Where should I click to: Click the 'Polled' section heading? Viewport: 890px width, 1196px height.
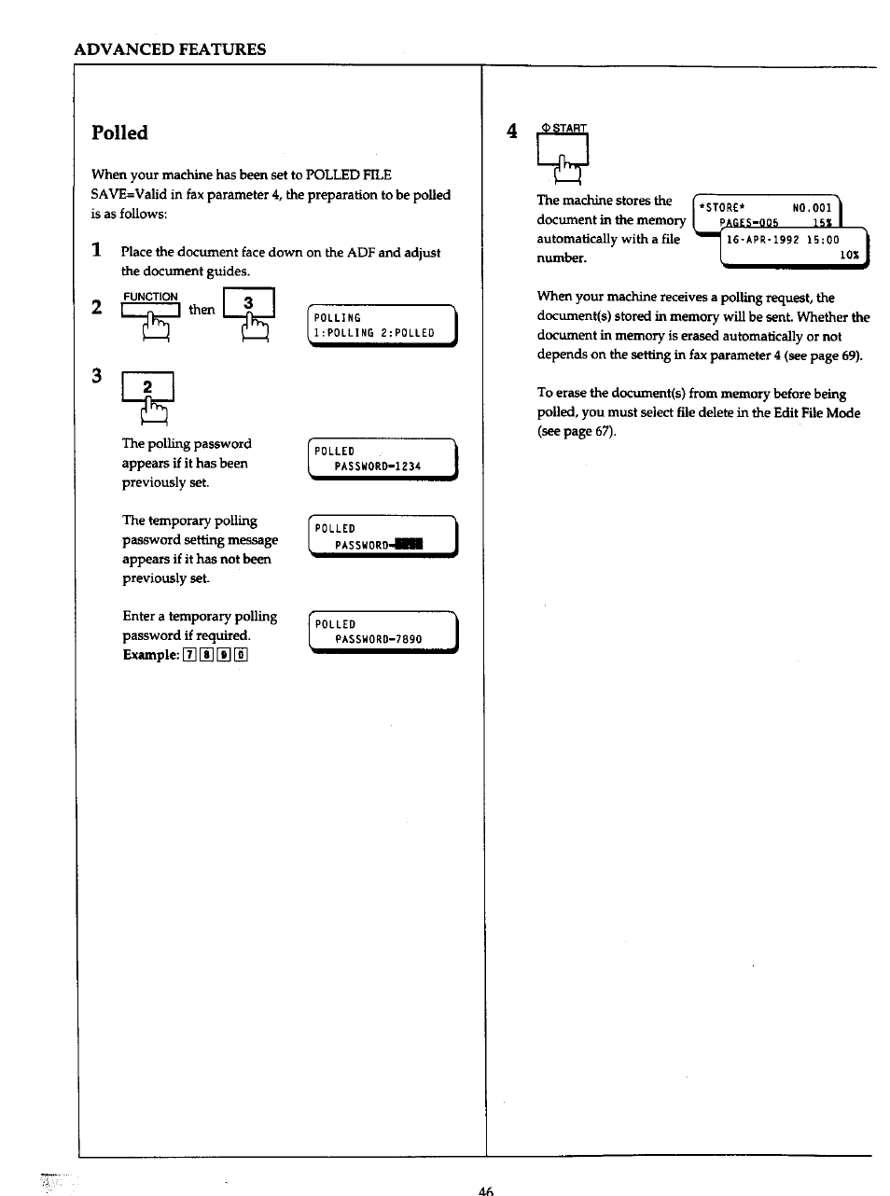tap(119, 132)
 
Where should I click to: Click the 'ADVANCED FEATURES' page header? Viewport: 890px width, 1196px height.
tap(170, 49)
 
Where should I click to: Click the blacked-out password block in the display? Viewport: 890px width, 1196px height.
tap(407, 545)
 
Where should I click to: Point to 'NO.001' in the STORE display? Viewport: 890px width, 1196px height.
tap(811, 208)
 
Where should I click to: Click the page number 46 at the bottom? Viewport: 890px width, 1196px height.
tap(485, 1189)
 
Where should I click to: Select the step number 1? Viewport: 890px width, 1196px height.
tap(96, 251)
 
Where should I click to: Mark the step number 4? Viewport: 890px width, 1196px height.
tap(511, 132)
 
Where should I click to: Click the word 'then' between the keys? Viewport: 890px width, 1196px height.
tap(202, 310)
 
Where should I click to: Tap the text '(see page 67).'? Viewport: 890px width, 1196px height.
tap(577, 432)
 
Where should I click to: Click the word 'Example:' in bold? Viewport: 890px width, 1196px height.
tap(150, 655)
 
